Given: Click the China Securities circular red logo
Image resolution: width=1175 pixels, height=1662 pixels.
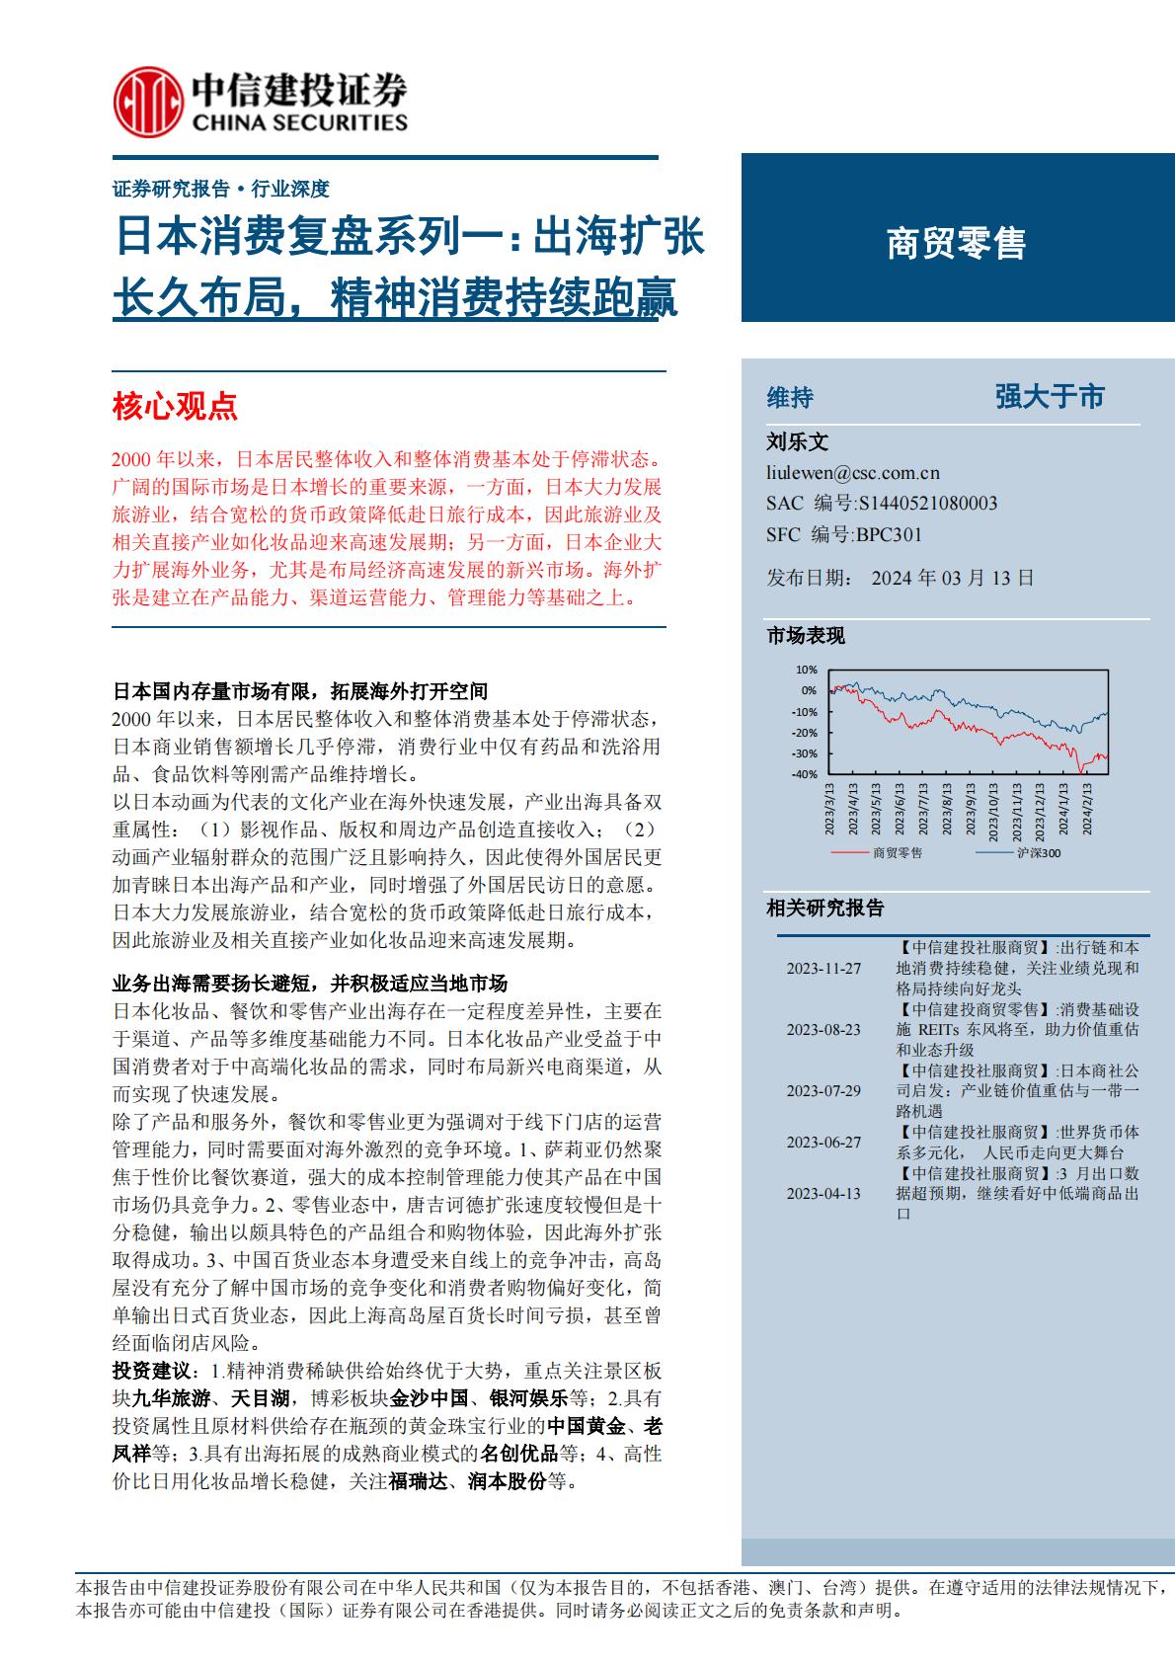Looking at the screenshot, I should pyautogui.click(x=148, y=104).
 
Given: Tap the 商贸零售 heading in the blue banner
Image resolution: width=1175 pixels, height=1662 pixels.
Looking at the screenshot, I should pyautogui.click(x=956, y=243).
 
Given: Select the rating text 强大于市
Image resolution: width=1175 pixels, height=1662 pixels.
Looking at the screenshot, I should pyautogui.click(x=1050, y=397).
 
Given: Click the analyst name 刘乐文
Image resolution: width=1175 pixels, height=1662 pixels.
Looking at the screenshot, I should pyautogui.click(x=798, y=442).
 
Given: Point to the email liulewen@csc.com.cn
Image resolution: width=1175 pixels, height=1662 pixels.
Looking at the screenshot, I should pyautogui.click(x=853, y=473).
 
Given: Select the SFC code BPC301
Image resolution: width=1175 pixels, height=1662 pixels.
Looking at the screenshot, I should pyautogui.click(x=889, y=534).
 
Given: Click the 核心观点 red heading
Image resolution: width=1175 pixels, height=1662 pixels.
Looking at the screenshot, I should pyautogui.click(x=176, y=405).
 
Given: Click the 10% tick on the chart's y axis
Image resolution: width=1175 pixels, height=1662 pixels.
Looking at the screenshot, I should pyautogui.click(x=807, y=670).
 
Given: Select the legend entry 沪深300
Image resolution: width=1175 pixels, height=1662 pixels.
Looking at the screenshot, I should pyautogui.click(x=1038, y=852).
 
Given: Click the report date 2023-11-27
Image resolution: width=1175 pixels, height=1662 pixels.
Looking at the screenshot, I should pyautogui.click(x=823, y=969).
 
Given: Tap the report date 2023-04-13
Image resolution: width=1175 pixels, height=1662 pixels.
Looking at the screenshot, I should pyautogui.click(x=823, y=1193).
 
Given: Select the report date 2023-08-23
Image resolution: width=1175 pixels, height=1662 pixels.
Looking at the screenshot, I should pyautogui.click(x=823, y=1029).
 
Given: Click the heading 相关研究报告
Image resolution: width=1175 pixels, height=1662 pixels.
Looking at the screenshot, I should pyautogui.click(x=825, y=909).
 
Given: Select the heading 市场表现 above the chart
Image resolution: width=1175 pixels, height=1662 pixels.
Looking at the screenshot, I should pyautogui.click(x=806, y=636).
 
